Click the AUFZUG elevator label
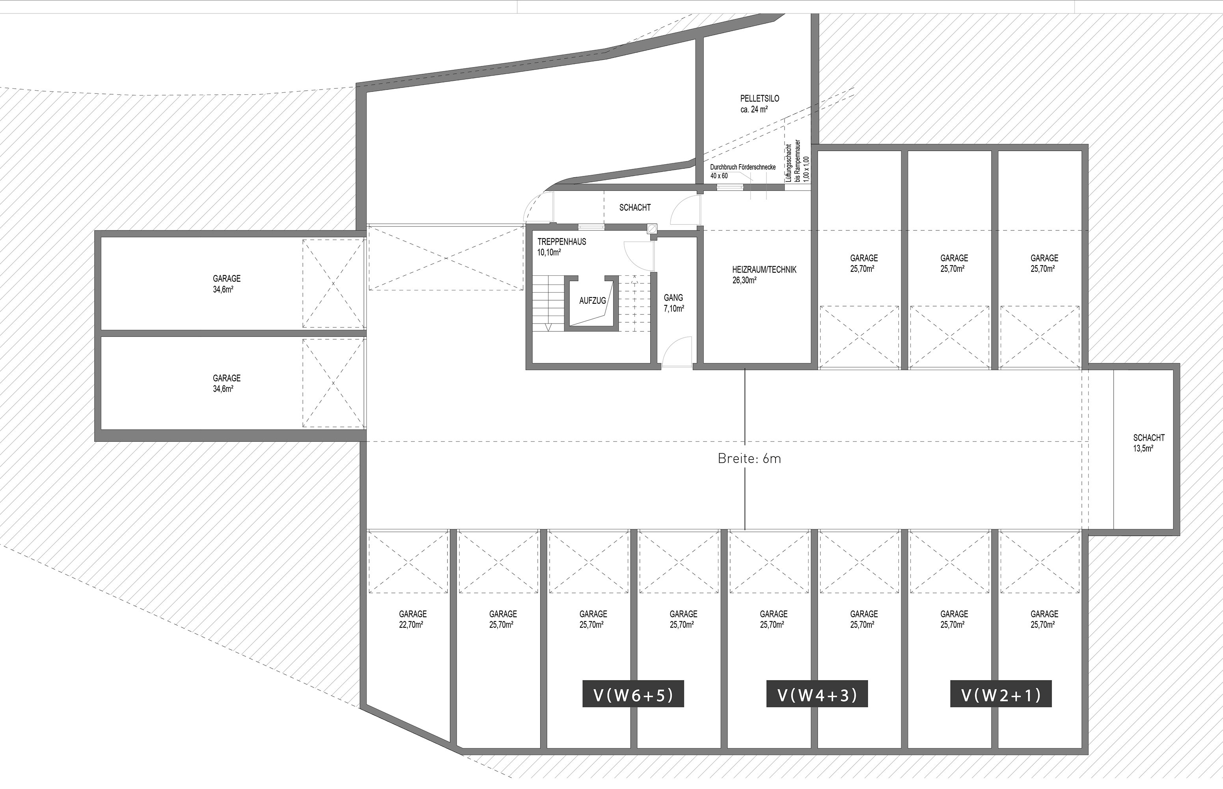tap(592, 301)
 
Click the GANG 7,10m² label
tap(674, 303)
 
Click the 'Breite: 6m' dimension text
tap(749, 458)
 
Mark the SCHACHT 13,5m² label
tap(1149, 443)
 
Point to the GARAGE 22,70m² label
tap(413, 619)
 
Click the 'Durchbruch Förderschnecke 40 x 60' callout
tap(743, 171)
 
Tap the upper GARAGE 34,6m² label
tap(227, 284)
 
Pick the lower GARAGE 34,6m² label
tap(227, 383)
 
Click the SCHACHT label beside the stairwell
tap(635, 208)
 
